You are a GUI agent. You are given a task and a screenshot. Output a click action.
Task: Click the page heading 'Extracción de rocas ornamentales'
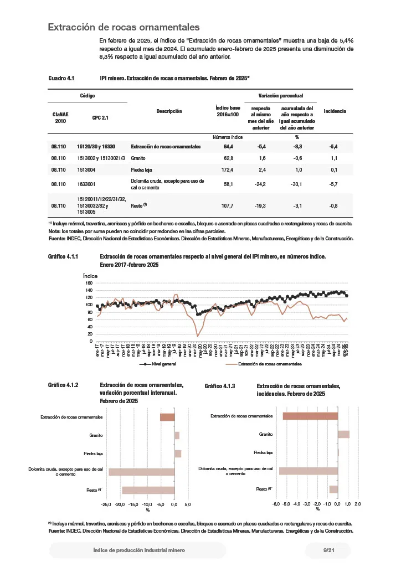(124, 27)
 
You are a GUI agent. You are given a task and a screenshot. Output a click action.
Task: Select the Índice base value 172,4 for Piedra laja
(228, 169)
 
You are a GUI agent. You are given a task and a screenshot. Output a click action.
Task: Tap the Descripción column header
(169, 111)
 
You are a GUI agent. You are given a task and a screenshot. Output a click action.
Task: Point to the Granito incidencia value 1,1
(334, 158)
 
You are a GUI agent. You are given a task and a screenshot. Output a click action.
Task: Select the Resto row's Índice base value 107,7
(228, 205)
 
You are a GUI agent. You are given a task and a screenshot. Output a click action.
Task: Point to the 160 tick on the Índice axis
(89, 283)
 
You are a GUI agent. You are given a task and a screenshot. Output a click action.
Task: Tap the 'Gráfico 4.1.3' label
(220, 385)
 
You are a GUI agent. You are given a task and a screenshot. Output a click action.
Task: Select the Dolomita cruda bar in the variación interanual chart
(141, 472)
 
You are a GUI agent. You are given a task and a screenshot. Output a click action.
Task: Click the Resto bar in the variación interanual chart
(148, 490)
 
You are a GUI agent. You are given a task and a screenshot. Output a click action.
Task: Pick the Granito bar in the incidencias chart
(343, 435)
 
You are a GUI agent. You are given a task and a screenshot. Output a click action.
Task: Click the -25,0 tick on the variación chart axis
(107, 504)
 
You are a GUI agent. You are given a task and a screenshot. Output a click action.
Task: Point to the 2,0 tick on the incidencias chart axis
(357, 504)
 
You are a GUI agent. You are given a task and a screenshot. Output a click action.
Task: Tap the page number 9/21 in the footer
(329, 550)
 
